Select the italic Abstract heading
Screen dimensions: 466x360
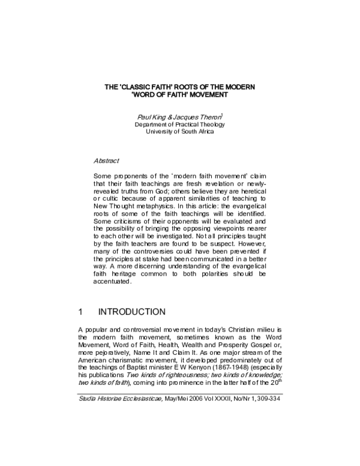pos(106,162)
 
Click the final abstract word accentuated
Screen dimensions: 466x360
pos(113,281)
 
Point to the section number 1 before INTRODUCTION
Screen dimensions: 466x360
pos(81,312)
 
